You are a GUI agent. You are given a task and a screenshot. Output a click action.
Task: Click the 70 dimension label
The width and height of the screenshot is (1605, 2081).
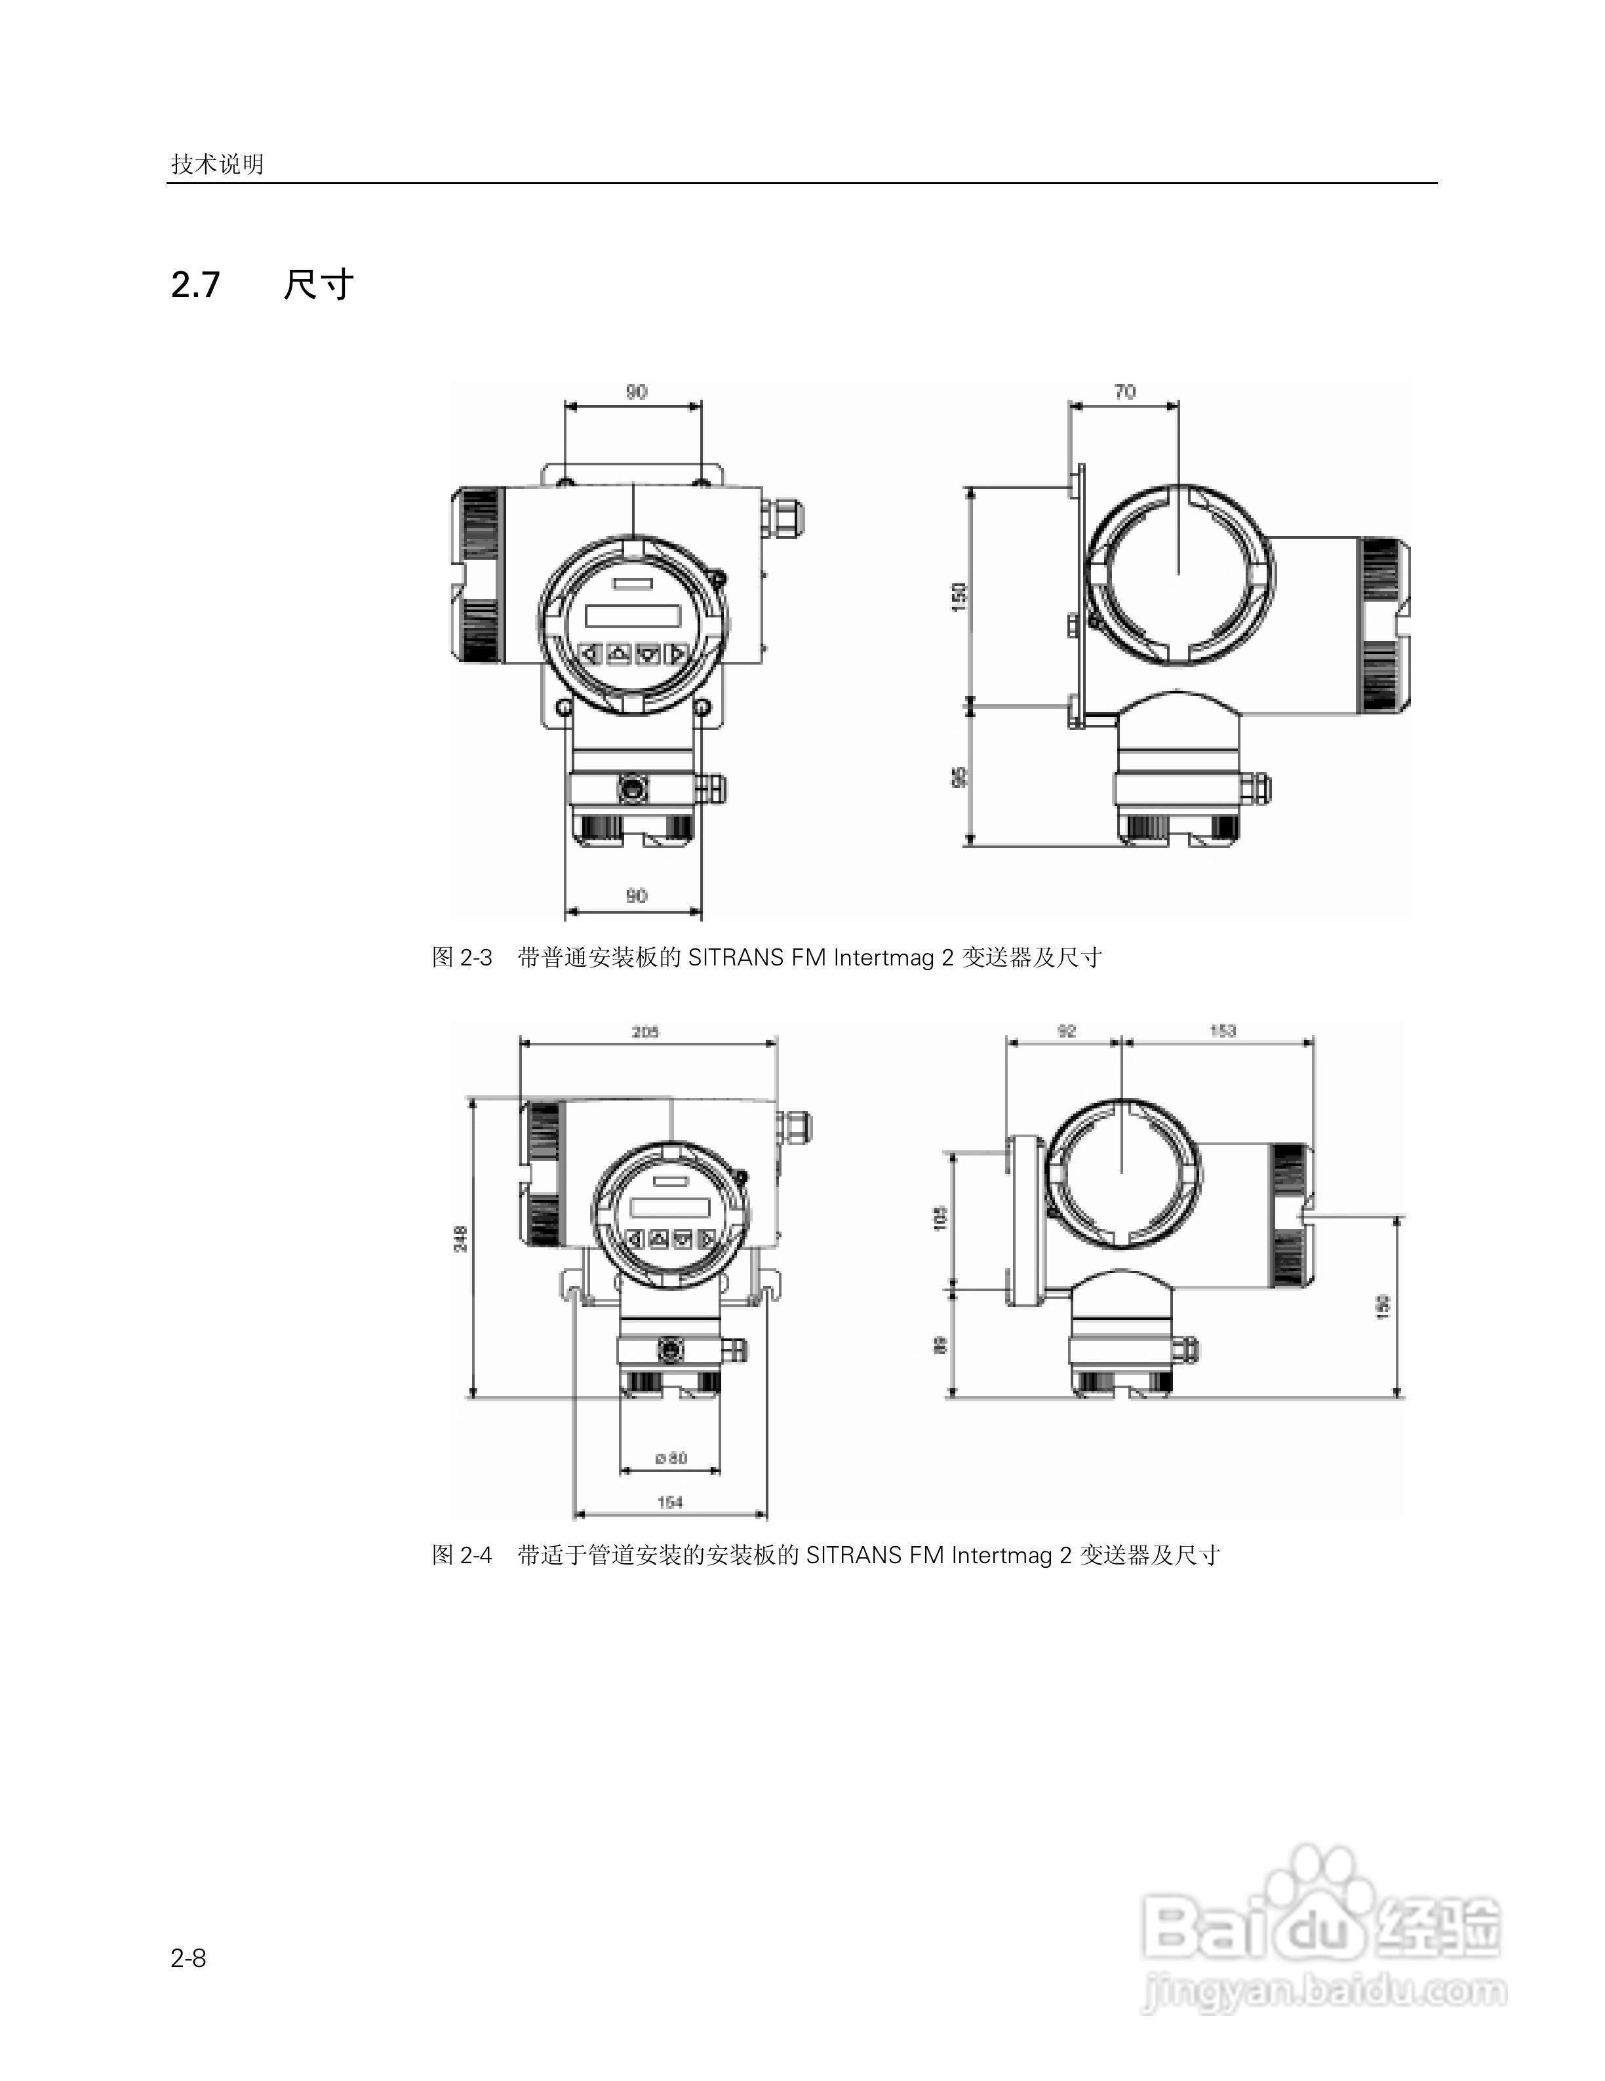(1124, 391)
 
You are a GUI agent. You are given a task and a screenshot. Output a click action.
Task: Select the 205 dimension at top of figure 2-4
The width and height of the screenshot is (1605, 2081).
(645, 1031)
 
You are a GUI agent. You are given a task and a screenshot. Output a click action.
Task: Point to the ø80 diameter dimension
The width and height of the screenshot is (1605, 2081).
(671, 1458)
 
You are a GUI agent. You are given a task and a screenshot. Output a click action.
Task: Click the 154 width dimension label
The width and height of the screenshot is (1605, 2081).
(670, 1502)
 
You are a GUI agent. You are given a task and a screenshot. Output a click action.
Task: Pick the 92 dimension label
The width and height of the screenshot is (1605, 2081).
(1067, 1030)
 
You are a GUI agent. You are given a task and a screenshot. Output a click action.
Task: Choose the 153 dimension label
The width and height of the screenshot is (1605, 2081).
(1223, 1030)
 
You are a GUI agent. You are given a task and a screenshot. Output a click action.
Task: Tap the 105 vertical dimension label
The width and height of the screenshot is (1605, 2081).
(941, 1218)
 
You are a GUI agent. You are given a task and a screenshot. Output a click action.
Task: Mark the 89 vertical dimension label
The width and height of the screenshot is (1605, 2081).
(941, 1344)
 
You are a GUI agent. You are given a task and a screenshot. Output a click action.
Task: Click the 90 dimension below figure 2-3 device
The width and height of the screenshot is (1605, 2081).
(636, 896)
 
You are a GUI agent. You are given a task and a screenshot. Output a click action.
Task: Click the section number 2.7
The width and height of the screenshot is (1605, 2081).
(195, 285)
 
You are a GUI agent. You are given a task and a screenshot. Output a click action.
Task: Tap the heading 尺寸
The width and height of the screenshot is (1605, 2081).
(319, 285)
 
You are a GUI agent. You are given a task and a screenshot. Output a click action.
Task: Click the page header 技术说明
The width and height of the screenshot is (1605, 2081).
(217, 164)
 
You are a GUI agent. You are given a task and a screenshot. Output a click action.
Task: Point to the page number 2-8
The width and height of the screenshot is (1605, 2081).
(189, 1957)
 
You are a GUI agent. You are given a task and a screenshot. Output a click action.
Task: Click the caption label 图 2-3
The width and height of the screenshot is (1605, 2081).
(462, 958)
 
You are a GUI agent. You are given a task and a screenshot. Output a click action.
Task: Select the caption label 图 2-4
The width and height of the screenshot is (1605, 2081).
(462, 1555)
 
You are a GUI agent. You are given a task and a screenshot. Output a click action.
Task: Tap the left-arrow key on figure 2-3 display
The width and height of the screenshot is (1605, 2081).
(591, 653)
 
